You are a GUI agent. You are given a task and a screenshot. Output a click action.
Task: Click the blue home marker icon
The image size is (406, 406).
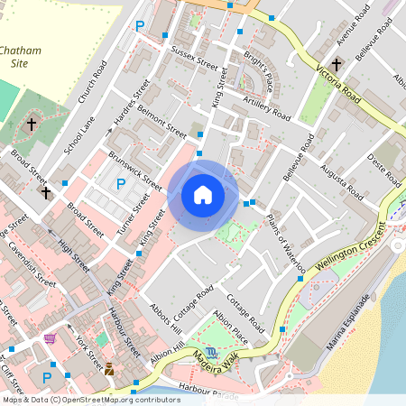(x=203, y=195)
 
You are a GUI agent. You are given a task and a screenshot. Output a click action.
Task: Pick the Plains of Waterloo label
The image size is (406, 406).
(x=286, y=243)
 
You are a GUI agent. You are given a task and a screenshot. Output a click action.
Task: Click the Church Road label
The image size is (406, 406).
(x=94, y=84)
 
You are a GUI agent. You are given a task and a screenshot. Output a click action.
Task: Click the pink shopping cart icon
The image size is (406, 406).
(x=50, y=339)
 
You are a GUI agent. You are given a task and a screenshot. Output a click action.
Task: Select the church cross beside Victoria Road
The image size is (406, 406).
(x=336, y=65)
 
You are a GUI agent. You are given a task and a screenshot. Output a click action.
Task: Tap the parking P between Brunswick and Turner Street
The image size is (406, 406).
(x=121, y=184)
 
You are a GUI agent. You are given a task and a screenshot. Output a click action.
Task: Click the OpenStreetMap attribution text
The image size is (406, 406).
(x=90, y=399)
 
